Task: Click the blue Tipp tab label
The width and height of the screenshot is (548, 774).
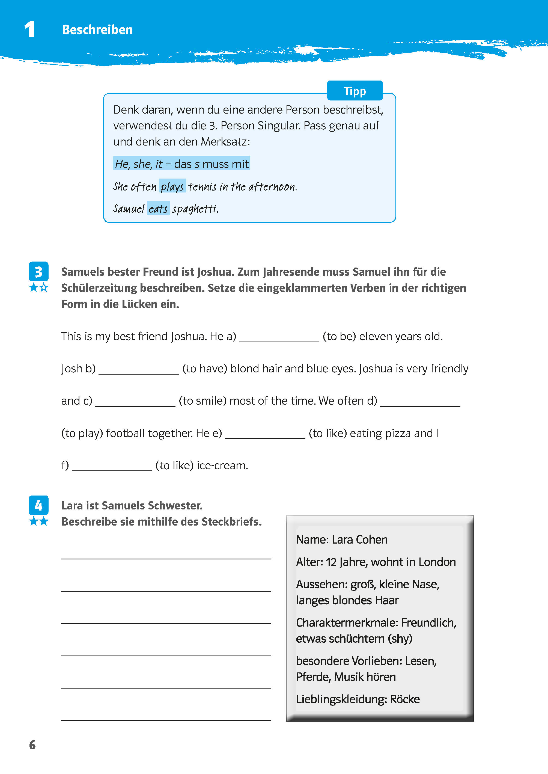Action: (x=355, y=91)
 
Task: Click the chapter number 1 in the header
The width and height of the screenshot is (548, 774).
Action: (x=30, y=29)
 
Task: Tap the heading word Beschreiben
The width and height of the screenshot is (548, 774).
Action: (x=97, y=30)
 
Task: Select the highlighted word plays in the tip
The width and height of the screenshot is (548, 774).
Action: (x=172, y=186)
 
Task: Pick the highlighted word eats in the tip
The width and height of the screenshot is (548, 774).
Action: (x=158, y=209)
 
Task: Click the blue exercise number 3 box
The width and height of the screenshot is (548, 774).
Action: (x=38, y=271)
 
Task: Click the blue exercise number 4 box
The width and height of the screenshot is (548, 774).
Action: (x=38, y=505)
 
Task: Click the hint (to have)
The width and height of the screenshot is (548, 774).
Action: (x=204, y=368)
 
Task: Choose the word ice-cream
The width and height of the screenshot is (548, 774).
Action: (x=222, y=465)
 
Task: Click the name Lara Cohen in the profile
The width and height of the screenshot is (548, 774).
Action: (x=359, y=539)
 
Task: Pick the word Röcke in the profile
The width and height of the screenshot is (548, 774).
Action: (x=405, y=699)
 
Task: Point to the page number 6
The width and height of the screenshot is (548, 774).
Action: (x=32, y=745)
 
